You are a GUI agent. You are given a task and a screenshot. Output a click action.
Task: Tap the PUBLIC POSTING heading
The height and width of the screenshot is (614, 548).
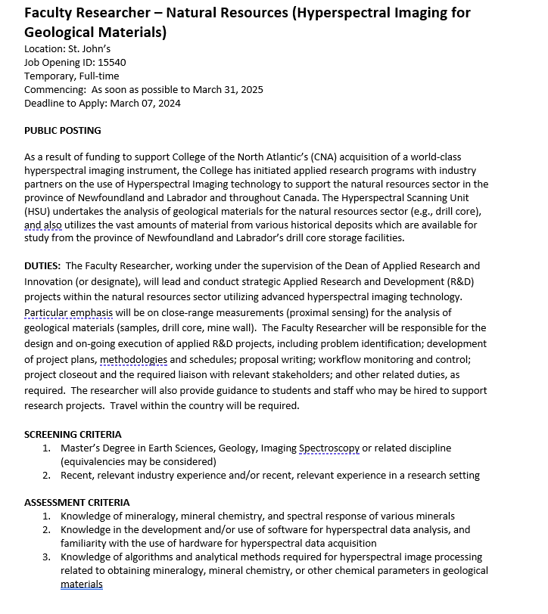(63, 130)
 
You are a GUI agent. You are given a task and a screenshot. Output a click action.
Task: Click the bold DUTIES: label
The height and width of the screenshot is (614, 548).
(42, 266)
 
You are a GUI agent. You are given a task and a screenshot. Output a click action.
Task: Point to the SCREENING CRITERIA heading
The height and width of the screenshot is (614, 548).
(73, 435)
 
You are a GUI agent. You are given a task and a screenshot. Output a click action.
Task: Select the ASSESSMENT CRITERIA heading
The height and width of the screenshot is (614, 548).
(76, 502)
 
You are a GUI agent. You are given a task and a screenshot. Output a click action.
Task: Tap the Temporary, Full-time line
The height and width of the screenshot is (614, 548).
(71, 76)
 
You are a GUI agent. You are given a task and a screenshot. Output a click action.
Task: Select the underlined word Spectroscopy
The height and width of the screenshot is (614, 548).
(329, 448)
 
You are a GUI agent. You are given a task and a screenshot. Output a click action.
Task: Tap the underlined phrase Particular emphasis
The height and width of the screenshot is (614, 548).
(69, 312)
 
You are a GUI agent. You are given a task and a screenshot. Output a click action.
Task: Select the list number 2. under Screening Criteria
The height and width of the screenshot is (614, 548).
(47, 476)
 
